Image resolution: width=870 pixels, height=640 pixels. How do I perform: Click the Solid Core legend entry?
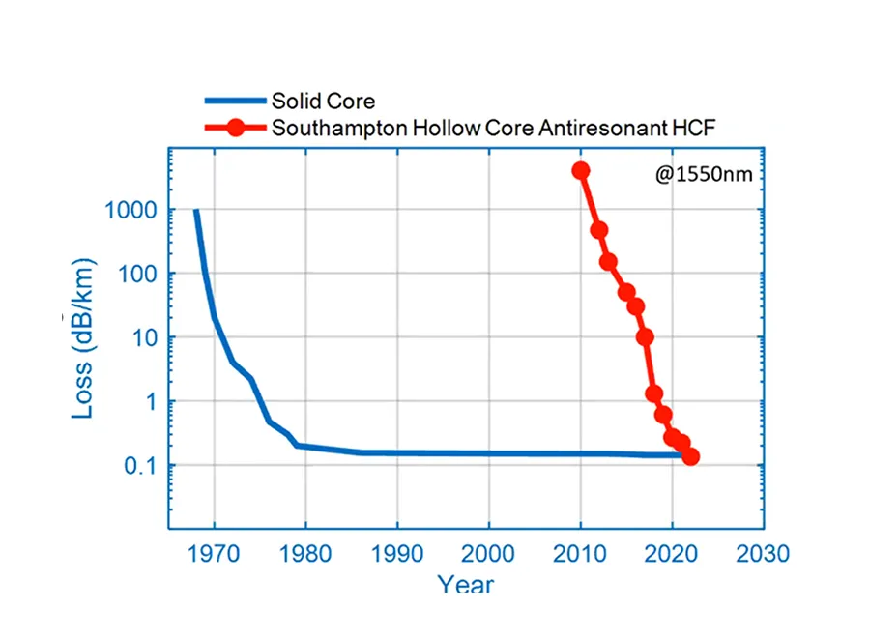[x=322, y=101]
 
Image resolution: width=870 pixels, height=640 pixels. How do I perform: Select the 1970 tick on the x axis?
[x=214, y=554]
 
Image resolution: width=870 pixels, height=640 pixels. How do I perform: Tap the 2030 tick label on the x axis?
[x=764, y=554]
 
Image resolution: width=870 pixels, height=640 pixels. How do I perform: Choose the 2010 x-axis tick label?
[x=580, y=554]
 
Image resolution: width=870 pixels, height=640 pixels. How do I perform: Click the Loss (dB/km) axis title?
[x=84, y=338]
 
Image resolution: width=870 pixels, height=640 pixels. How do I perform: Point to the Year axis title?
[x=466, y=584]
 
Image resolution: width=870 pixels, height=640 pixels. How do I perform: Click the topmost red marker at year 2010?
[x=581, y=171]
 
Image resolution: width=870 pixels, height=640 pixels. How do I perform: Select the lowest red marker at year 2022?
[x=690, y=457]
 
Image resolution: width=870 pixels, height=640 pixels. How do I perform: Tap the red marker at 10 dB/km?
[x=645, y=336]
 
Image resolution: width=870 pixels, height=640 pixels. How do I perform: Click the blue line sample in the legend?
[x=233, y=101]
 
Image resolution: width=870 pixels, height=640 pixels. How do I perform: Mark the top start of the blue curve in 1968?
[x=196, y=211]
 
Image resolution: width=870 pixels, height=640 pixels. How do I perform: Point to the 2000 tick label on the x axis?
[x=488, y=554]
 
